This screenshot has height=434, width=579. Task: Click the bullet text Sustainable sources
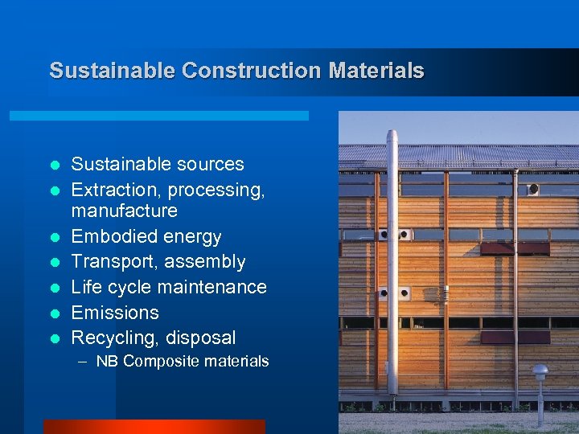[x=158, y=165]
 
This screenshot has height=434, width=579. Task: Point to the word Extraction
[x=110, y=190]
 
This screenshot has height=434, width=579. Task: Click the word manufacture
[x=125, y=211]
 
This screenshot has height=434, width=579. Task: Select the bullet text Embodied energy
[x=146, y=237]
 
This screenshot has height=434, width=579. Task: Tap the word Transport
[x=108, y=262]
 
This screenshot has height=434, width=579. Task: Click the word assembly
[x=211, y=262]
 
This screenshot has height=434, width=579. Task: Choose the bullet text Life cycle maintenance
[x=169, y=287]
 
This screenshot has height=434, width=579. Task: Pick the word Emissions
[x=115, y=313]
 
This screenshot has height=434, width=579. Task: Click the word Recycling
[x=111, y=338]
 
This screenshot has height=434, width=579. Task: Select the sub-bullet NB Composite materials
[x=183, y=362]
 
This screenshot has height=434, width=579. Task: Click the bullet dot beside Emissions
[x=55, y=313]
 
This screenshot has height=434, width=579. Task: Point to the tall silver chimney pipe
[x=392, y=257]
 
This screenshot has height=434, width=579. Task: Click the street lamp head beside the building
[x=540, y=372]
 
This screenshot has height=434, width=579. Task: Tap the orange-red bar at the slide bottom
[x=154, y=427]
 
